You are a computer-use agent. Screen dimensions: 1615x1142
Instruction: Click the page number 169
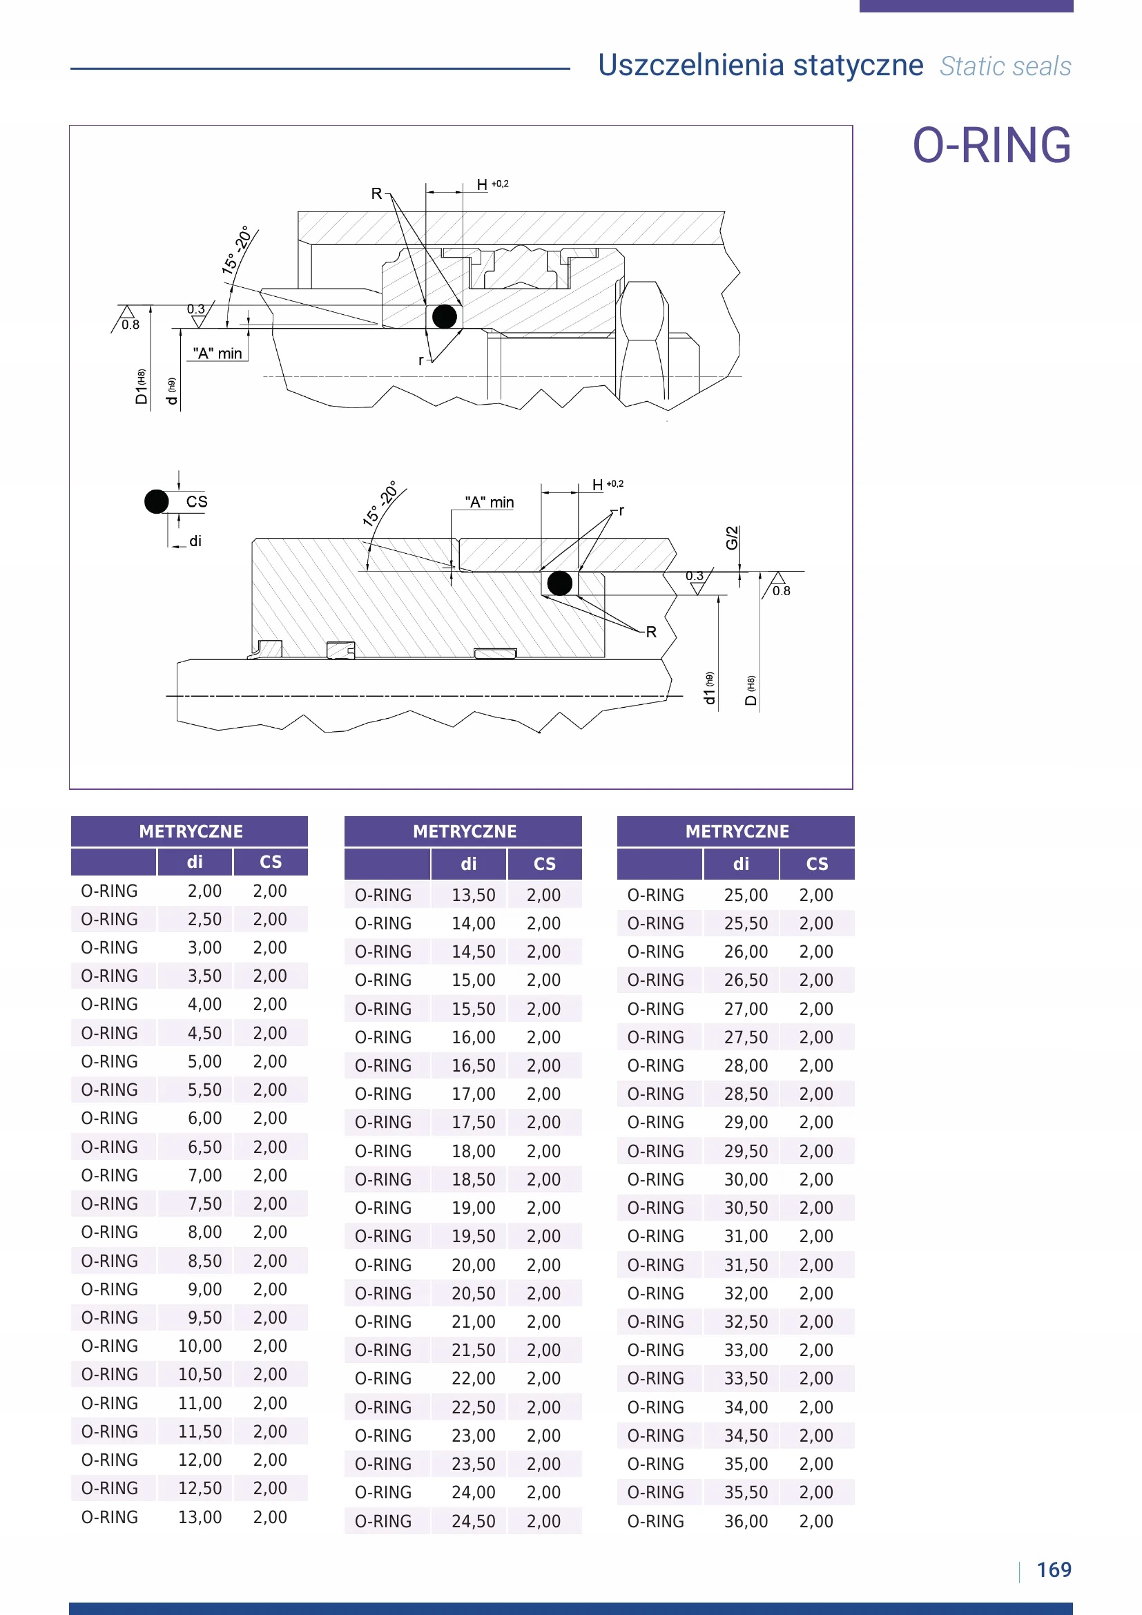coord(1054,1569)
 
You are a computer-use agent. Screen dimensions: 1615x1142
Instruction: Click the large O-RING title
coord(991,146)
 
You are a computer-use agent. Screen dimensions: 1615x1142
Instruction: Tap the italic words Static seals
coord(1005,67)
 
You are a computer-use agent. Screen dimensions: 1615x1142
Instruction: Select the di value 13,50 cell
coord(473,895)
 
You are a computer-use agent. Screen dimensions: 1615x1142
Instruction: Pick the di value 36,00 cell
coord(746,1520)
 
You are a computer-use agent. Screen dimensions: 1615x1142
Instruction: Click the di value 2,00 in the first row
coord(204,891)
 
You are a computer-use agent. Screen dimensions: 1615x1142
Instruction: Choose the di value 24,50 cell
coord(473,1520)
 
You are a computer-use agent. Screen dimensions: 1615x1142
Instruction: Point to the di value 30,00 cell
coord(746,1179)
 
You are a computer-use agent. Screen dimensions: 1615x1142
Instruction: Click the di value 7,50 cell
coord(204,1203)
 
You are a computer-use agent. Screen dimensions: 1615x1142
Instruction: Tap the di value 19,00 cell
coord(473,1208)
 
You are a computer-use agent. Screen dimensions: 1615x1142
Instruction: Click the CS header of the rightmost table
coord(816,864)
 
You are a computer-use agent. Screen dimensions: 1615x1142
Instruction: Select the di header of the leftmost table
coord(195,862)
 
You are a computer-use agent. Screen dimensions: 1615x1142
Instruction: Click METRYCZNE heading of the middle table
coord(464,831)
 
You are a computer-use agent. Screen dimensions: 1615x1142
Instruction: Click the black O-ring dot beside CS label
coord(156,501)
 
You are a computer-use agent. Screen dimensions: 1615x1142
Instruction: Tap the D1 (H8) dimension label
coord(142,386)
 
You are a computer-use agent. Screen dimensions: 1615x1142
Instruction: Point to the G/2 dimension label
coord(732,537)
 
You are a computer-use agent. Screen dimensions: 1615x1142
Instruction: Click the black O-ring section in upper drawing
coord(445,316)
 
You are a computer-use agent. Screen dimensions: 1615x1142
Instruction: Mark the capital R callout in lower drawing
coord(651,632)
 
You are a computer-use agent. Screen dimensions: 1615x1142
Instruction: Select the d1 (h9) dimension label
coord(710,688)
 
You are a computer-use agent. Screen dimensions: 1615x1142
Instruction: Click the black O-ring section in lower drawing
coord(560,583)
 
